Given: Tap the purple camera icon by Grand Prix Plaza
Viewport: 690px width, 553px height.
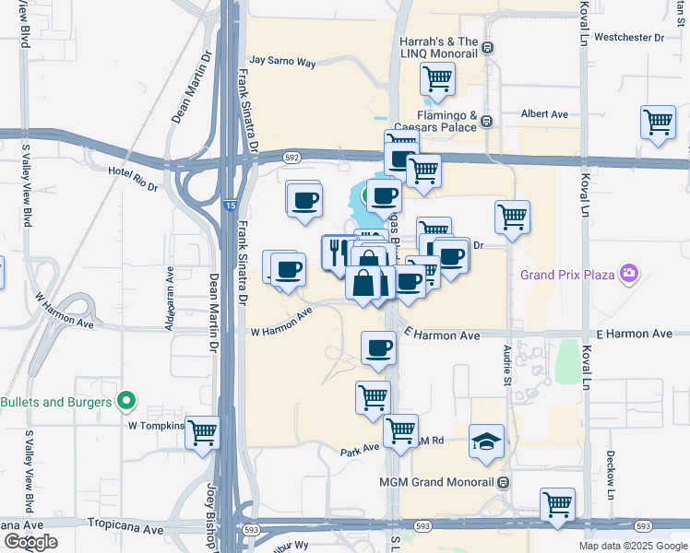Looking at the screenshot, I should [628, 273].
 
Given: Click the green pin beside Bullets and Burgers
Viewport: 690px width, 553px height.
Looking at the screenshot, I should [127, 402].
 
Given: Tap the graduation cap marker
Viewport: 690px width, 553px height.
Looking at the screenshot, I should [486, 441].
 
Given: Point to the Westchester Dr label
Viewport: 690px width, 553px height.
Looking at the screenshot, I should [629, 38].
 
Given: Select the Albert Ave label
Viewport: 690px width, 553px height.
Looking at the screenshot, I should [544, 113].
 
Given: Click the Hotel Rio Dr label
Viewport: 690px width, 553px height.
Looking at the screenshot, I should [133, 172].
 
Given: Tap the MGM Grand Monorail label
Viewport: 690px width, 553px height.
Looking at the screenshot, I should [436, 481].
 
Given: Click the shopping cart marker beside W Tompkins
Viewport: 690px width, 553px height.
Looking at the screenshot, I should [202, 431].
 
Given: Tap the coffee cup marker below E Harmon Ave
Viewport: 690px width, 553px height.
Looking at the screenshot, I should [377, 347].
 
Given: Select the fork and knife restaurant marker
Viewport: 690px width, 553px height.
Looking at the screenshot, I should [338, 250].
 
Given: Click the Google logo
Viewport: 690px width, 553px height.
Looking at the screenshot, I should [30, 542].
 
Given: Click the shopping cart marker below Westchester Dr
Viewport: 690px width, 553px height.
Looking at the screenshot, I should [658, 123].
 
